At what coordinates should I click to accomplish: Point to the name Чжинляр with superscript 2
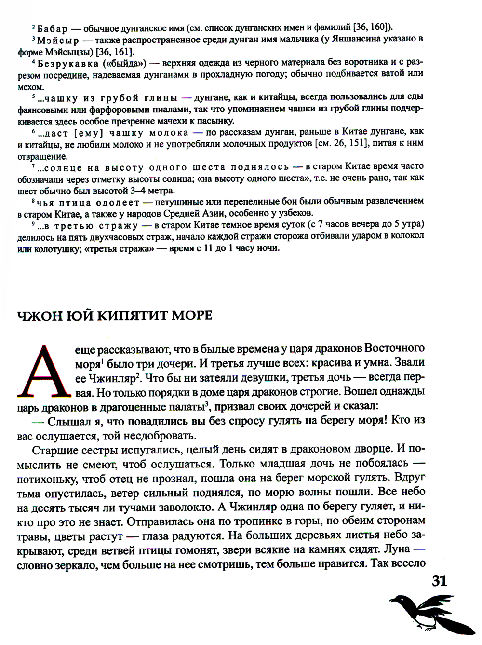[114, 378]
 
